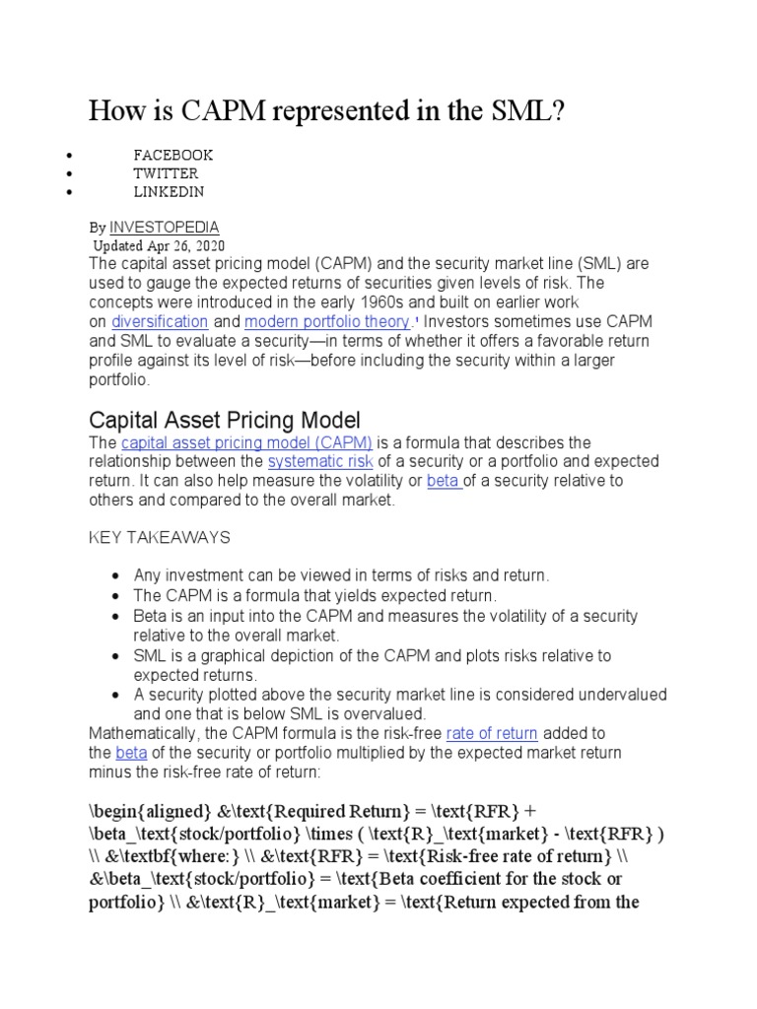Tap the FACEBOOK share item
click(173, 155)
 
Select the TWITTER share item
click(166, 173)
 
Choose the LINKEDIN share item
click(169, 191)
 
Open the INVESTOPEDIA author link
click(165, 227)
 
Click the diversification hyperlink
click(160, 321)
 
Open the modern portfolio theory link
click(326, 321)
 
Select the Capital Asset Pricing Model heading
click(225, 418)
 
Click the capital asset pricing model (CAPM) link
click(246, 443)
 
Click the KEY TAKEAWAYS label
click(160, 537)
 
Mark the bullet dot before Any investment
click(117, 575)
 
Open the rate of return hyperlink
click(492, 733)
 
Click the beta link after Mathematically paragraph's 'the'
click(130, 753)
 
